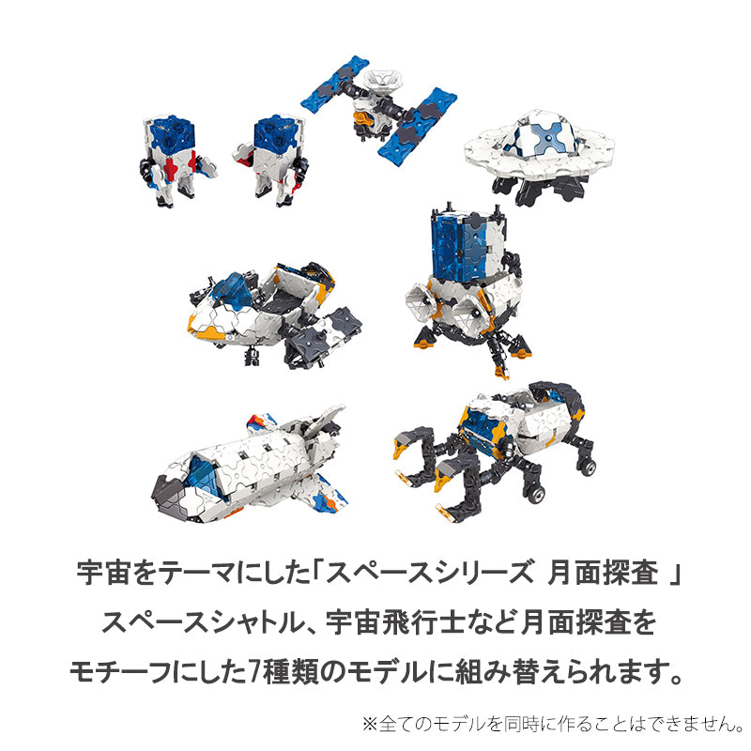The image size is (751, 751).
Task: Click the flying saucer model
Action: (539, 156)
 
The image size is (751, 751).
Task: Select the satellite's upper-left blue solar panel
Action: (335, 81)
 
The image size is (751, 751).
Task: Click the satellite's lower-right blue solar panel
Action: (417, 125)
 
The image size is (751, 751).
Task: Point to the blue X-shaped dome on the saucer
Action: (547, 137)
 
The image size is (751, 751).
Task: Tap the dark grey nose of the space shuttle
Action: (168, 498)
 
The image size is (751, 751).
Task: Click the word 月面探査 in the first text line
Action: (603, 574)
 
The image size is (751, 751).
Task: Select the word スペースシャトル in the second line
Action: (204, 622)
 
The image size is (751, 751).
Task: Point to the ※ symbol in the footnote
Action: (370, 724)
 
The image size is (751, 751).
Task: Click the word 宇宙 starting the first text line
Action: (104, 574)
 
